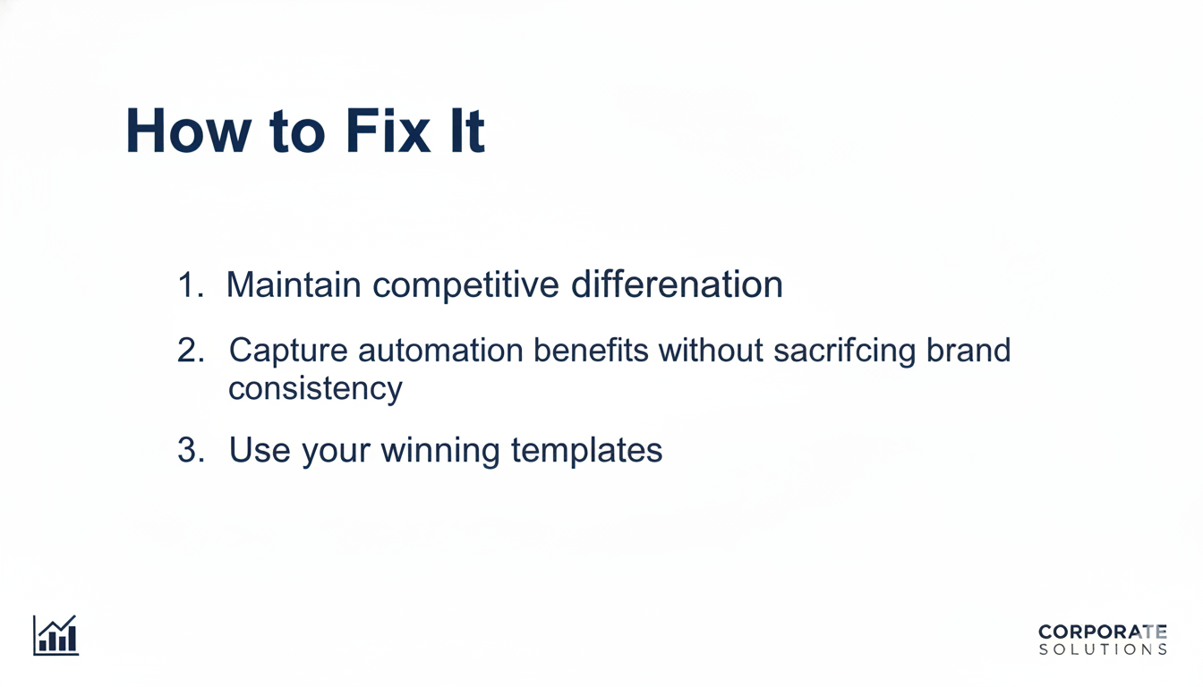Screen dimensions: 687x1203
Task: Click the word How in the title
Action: click(188, 131)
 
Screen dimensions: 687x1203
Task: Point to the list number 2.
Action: click(191, 351)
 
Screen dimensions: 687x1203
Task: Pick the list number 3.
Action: click(191, 450)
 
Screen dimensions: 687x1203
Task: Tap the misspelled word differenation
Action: click(677, 285)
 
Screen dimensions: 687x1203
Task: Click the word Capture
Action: click(287, 352)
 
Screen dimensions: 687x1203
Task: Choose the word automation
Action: click(440, 351)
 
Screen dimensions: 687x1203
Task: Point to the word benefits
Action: click(591, 351)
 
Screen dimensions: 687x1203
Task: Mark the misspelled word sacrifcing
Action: click(845, 352)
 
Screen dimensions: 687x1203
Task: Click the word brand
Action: click(968, 351)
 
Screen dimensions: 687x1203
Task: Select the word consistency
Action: click(315, 390)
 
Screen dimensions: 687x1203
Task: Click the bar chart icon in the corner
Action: click(55, 635)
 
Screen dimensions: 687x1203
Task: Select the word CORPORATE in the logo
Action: click(1102, 632)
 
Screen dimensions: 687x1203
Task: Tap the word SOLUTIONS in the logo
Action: click(1102, 649)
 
